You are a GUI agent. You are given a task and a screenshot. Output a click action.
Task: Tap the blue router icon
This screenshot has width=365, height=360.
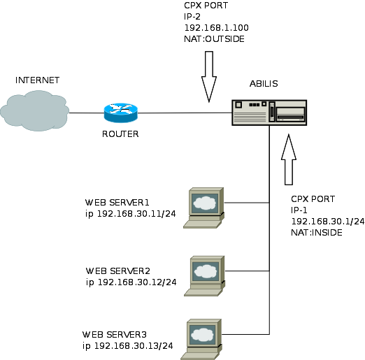click(x=120, y=113)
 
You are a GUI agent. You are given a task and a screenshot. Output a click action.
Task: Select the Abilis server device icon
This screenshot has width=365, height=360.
click(x=270, y=112)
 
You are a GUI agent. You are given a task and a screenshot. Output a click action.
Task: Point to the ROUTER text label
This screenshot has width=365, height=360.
click(x=120, y=134)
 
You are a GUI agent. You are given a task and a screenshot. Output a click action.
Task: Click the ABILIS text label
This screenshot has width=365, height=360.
click(x=264, y=84)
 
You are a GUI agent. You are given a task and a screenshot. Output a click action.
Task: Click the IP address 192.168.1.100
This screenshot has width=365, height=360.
click(x=216, y=28)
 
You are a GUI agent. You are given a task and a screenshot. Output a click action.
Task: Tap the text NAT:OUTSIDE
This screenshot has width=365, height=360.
click(x=214, y=39)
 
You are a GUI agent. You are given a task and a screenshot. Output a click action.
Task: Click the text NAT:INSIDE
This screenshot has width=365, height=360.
click(x=316, y=232)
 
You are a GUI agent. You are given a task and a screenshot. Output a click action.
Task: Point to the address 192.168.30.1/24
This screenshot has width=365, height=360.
click(x=327, y=221)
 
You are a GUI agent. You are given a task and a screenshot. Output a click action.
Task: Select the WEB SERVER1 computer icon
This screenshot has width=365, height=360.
click(x=204, y=207)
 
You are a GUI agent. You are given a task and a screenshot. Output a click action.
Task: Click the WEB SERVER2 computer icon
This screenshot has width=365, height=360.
click(x=206, y=273)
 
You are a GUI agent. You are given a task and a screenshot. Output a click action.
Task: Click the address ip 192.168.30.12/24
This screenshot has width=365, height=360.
click(x=131, y=282)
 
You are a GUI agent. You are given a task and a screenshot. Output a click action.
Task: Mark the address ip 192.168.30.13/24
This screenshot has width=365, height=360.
click(x=128, y=346)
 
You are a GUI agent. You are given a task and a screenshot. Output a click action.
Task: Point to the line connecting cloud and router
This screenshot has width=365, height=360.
click(x=86, y=113)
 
